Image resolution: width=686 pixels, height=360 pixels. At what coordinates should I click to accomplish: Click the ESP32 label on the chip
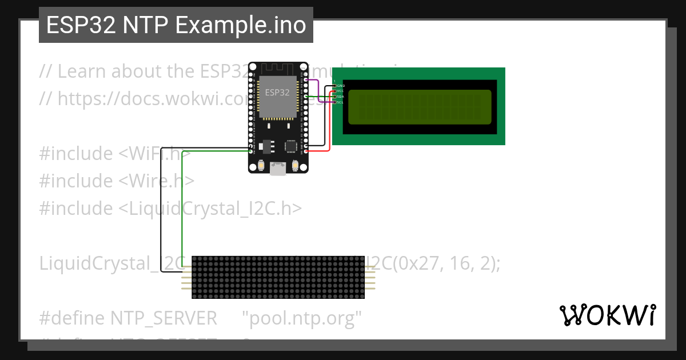pos(277,92)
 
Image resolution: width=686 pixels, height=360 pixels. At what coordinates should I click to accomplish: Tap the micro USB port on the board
pos(278,169)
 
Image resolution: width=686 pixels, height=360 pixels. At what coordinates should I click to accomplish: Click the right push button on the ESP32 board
pos(296,166)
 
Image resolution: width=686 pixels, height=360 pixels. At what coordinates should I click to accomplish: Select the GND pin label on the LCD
pos(341,86)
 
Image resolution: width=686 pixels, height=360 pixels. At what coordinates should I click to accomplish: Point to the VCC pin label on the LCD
pos(341,91)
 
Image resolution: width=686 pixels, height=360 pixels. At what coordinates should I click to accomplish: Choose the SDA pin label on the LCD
pos(341,97)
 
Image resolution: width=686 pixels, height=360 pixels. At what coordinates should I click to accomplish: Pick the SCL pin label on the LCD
pos(341,102)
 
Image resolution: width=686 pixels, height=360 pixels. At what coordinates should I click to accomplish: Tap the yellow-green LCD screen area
pos(419,107)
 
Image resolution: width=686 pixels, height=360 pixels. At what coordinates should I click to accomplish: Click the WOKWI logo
pos(607,315)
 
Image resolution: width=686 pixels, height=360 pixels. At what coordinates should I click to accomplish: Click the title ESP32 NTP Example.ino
pos(176,25)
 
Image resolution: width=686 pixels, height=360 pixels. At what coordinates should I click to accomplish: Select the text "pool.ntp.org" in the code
pos(302,318)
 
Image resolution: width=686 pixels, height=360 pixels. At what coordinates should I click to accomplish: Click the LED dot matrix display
pos(278,277)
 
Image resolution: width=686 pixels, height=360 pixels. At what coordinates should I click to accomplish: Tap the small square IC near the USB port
pos(292,146)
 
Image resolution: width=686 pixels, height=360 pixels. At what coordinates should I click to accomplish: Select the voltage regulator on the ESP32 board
pos(265,146)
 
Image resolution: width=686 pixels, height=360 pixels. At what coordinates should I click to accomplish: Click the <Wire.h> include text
pos(156,181)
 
